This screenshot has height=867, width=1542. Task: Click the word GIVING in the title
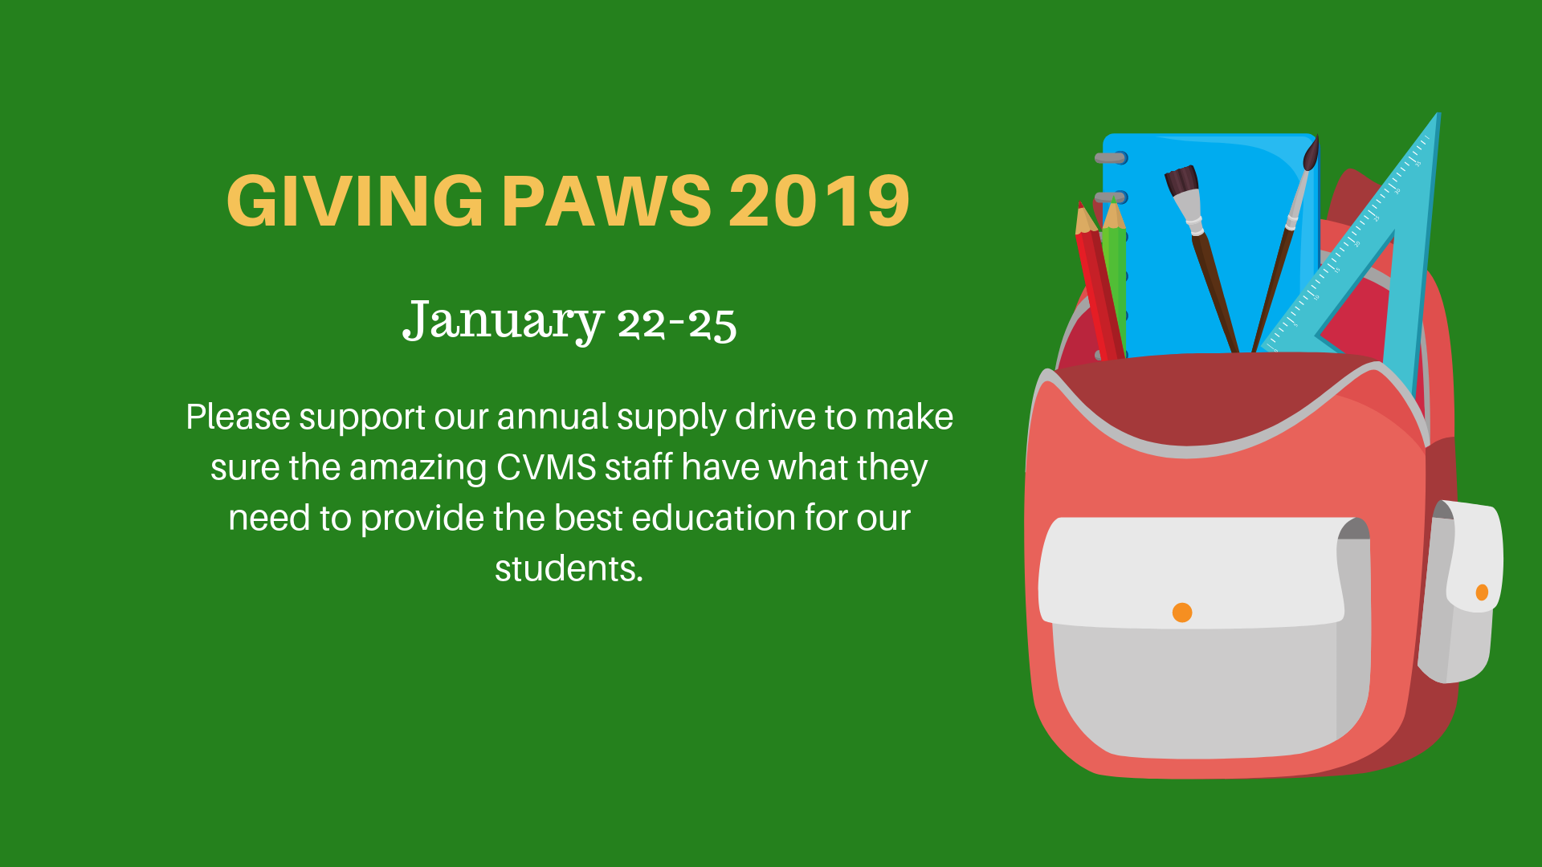pos(355,201)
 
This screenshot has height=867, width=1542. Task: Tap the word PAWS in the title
pos(606,201)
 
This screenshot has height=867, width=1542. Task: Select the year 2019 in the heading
pos(819,201)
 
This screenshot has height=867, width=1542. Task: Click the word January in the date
pos(503,321)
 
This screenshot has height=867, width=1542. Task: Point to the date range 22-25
pos(676,324)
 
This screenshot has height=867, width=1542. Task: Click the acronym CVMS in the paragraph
pos(546,467)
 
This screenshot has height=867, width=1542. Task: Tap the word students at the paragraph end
pos(569,568)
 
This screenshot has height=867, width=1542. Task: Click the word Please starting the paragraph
pos(239,417)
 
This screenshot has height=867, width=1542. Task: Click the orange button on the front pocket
pos(1182,613)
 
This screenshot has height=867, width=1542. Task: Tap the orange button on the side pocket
pos(1482,592)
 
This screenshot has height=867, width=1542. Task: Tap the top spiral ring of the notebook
pos(1112,157)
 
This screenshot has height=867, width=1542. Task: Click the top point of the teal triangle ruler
pos(1438,114)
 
